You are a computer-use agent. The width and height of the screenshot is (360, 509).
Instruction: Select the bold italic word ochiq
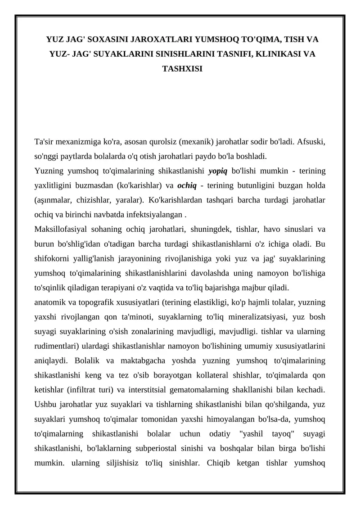pyautogui.click(x=186, y=185)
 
